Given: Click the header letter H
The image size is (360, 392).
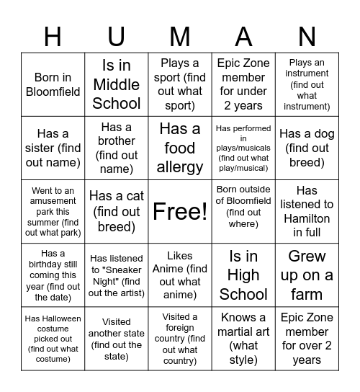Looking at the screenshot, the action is click(53, 35).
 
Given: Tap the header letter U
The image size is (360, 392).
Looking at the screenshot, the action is click(116, 35).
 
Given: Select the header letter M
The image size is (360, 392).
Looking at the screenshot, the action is click(180, 35).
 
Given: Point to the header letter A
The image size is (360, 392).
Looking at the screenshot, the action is click(243, 35).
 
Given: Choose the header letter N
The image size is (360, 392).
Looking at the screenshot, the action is click(307, 35).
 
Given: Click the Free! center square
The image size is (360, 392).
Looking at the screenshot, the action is click(180, 211).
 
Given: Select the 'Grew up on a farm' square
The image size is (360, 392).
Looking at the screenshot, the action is click(307, 275).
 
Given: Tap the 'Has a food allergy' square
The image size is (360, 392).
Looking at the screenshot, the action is click(180, 148).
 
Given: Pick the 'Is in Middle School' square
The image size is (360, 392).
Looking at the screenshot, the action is click(116, 84).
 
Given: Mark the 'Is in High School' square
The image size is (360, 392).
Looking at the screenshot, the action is click(243, 275).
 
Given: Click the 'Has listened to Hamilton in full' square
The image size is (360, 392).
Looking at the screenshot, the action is click(307, 211).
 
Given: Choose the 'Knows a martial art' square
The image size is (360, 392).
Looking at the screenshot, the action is click(243, 339).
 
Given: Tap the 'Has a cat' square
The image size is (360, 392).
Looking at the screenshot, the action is click(116, 211).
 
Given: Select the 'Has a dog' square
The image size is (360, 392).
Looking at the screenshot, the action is click(307, 148).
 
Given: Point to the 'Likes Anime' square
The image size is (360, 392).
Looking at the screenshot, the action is click(180, 275).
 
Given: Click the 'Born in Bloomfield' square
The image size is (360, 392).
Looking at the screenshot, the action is click(53, 84).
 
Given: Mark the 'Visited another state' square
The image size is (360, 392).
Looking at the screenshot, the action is click(116, 339).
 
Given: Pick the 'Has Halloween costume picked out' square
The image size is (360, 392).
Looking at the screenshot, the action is click(53, 339).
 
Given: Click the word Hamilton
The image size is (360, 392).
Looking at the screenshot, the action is click(307, 218).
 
